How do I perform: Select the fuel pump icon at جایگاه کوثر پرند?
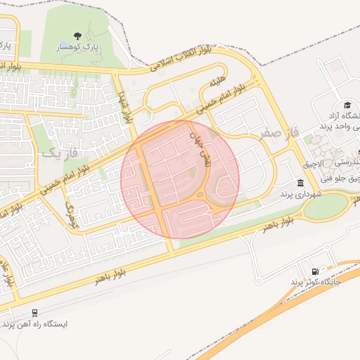314,271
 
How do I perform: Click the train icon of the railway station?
35,313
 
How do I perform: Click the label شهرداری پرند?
300,193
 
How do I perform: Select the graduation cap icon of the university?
346,104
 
